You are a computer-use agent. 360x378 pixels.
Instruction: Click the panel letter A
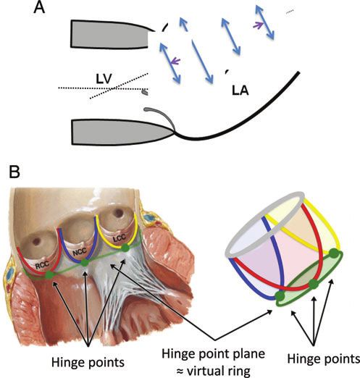(39, 7)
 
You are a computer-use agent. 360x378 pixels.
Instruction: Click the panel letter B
(14, 172)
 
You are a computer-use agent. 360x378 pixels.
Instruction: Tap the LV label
(104, 79)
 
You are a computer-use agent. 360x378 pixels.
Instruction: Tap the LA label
(240, 91)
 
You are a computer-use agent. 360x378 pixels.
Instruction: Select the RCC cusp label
(43, 265)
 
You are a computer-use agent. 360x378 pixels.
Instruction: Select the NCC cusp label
(80, 252)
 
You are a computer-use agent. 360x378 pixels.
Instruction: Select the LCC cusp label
(120, 238)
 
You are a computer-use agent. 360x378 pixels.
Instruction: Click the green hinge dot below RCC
(50, 275)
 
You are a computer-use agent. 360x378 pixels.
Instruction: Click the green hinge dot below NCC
(84, 263)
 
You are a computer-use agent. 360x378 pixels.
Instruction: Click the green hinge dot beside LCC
(125, 248)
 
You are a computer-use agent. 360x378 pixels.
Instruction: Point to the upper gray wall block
(110, 35)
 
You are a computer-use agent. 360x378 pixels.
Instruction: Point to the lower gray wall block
(121, 132)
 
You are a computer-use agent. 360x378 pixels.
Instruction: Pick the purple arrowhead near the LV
(175, 62)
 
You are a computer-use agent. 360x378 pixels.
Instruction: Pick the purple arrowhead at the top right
(258, 25)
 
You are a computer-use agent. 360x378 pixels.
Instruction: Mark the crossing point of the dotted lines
(112, 89)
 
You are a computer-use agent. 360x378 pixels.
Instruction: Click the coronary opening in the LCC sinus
(118, 213)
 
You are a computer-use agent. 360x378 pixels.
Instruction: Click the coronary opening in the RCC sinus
(36, 241)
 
